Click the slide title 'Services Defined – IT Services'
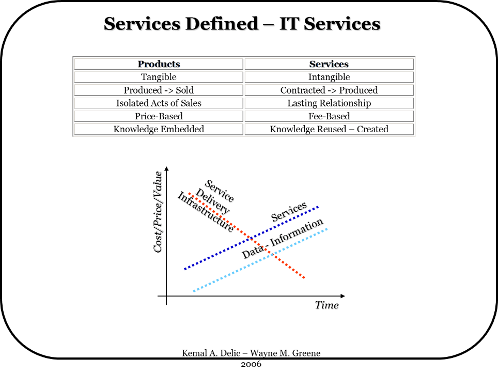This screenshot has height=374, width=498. (x=242, y=24)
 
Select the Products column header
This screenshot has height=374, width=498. (x=159, y=64)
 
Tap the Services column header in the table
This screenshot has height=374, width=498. (x=329, y=64)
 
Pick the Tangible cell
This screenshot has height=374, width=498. (x=159, y=77)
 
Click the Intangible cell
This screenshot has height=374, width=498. (x=329, y=77)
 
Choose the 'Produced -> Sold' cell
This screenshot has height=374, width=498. (x=159, y=90)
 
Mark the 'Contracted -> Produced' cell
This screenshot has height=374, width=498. (x=329, y=90)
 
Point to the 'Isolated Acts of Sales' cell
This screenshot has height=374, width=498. (x=159, y=103)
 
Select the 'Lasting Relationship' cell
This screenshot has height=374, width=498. (x=329, y=103)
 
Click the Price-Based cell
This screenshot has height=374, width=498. (x=159, y=116)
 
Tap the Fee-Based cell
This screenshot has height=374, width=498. (x=329, y=116)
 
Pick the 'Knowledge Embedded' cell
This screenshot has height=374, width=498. (x=159, y=129)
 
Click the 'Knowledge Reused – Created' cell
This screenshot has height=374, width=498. (x=329, y=129)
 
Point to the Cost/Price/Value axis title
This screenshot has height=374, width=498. (x=158, y=212)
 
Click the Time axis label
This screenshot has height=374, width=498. (x=326, y=305)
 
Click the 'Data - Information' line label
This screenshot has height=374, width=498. (x=283, y=239)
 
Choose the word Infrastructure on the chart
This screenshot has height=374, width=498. (x=205, y=212)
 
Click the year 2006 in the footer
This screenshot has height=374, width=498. (x=251, y=364)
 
